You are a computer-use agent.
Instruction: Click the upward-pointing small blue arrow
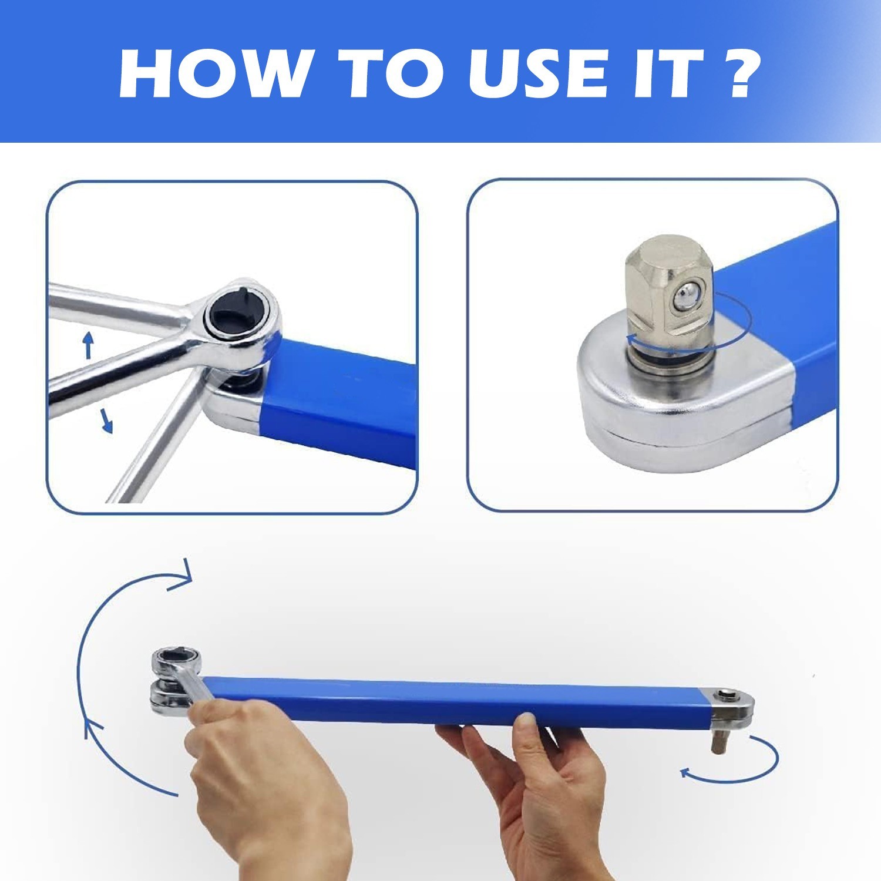[88, 345]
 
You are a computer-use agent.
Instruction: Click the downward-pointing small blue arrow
[106, 421]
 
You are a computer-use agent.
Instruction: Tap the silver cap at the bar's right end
[732, 707]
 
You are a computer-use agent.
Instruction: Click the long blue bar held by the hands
[458, 701]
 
